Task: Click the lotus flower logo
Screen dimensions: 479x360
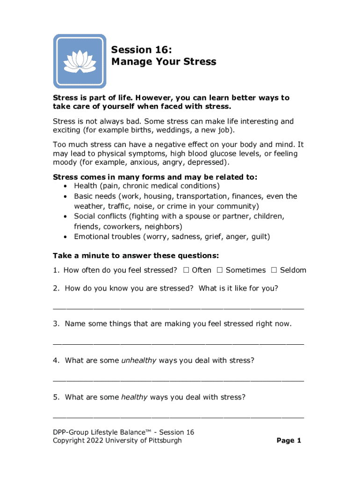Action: (x=79, y=61)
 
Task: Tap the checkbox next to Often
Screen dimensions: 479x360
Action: (x=186, y=270)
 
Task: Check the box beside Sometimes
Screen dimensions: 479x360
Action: (x=220, y=270)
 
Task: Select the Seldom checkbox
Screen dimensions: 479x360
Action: (x=274, y=270)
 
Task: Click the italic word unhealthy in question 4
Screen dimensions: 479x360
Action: (x=139, y=360)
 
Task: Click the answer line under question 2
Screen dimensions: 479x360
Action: (x=178, y=308)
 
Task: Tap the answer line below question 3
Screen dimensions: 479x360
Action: (x=178, y=343)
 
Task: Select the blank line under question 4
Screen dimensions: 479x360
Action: (x=178, y=380)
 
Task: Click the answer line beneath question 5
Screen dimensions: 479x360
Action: (x=178, y=416)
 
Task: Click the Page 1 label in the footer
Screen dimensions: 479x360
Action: (x=288, y=441)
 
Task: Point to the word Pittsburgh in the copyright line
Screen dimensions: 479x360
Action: (x=163, y=441)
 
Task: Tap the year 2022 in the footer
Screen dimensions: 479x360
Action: (x=95, y=441)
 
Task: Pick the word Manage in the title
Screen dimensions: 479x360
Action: (x=131, y=62)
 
